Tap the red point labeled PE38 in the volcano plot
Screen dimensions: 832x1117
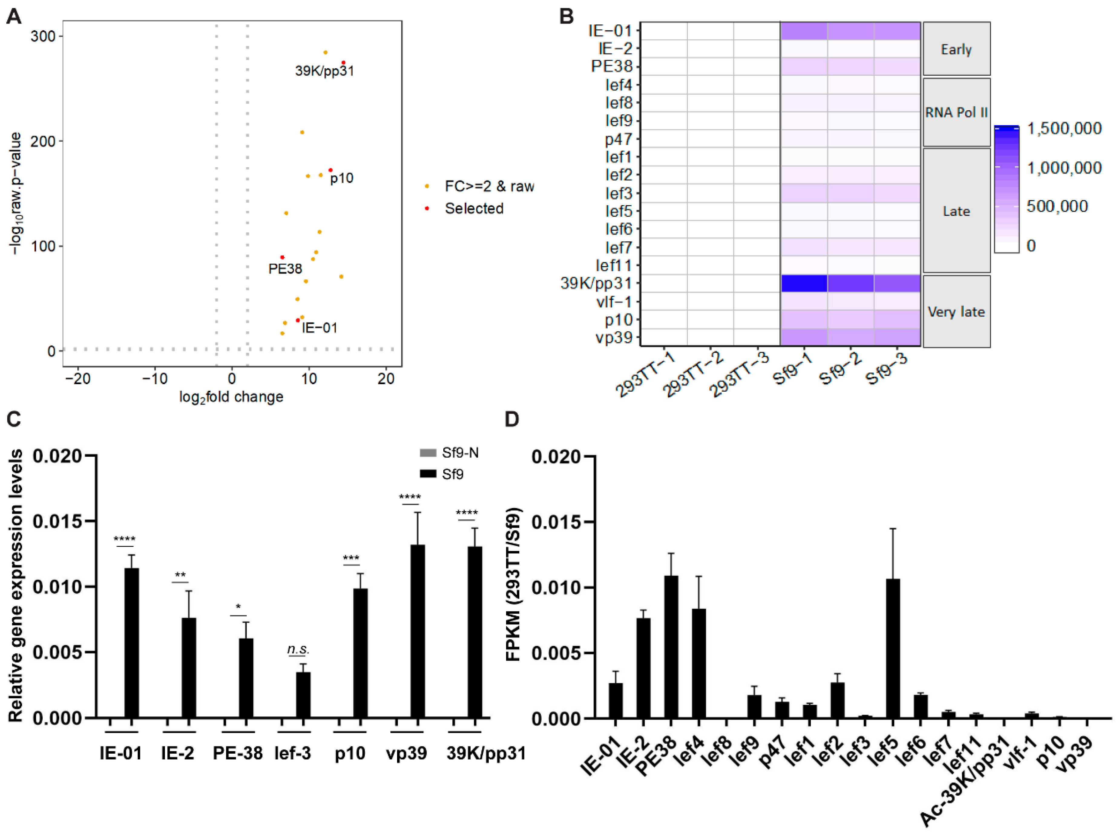tap(282, 257)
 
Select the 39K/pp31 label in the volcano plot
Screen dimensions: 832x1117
tap(324, 71)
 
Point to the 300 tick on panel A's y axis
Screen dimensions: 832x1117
tap(43, 36)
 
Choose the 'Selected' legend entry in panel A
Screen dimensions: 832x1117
tap(474, 208)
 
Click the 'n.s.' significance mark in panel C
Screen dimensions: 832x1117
tap(298, 649)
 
